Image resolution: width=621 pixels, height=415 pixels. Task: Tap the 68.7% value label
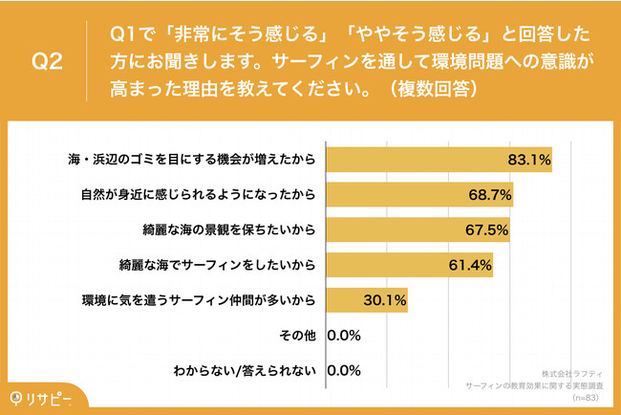point(489,195)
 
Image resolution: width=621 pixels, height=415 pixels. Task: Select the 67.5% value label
point(485,229)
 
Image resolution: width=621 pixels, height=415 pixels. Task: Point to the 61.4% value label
point(469,265)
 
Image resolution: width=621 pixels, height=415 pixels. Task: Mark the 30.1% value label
point(384,300)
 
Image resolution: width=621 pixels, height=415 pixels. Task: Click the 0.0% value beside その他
point(345,336)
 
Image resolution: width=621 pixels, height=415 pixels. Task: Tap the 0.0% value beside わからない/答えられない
point(345,370)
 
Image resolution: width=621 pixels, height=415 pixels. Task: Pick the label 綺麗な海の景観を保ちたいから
point(226,229)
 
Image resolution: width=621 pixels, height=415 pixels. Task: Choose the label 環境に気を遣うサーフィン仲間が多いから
point(200,300)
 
